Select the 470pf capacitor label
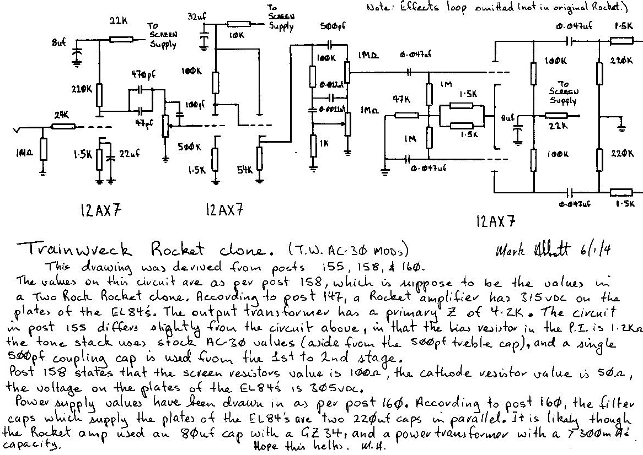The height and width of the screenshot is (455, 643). pyautogui.click(x=141, y=73)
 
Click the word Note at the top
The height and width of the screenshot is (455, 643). pyautogui.click(x=377, y=9)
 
